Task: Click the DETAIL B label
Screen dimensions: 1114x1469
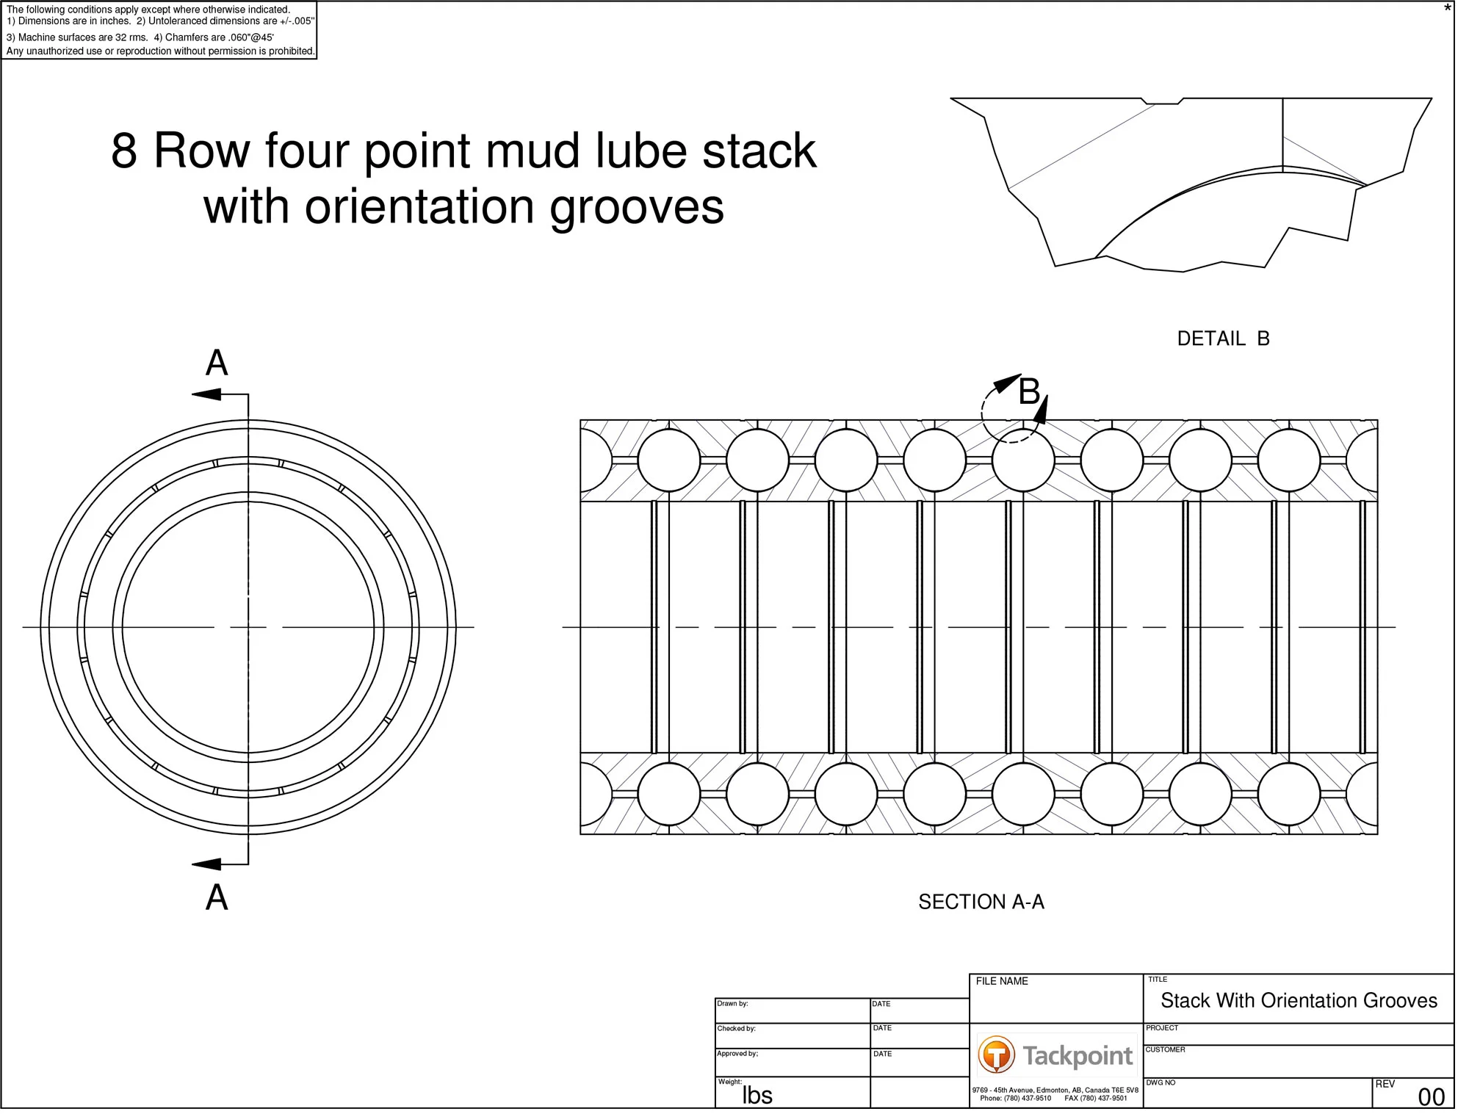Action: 1223,339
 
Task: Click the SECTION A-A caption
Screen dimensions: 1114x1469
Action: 981,902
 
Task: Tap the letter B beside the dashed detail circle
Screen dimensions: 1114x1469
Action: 1029,391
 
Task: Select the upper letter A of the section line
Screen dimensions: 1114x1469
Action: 217,363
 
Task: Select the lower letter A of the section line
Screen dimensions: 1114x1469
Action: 217,897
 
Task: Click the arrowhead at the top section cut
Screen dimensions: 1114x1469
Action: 206,395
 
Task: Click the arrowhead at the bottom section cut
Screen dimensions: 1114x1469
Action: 206,864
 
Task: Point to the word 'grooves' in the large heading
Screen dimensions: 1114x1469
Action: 637,207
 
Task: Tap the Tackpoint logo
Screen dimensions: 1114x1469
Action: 1055,1055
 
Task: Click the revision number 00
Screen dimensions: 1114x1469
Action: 1431,1096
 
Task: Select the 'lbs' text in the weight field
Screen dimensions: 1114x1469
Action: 757,1095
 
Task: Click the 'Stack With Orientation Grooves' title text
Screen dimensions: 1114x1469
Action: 1299,1000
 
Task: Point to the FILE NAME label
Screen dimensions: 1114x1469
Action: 1001,981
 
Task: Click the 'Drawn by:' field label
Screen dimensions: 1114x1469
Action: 732,1003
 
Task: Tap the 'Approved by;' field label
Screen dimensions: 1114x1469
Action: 737,1053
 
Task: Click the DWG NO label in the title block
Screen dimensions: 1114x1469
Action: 1161,1082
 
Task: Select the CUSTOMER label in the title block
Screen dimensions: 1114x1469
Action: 1165,1049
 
